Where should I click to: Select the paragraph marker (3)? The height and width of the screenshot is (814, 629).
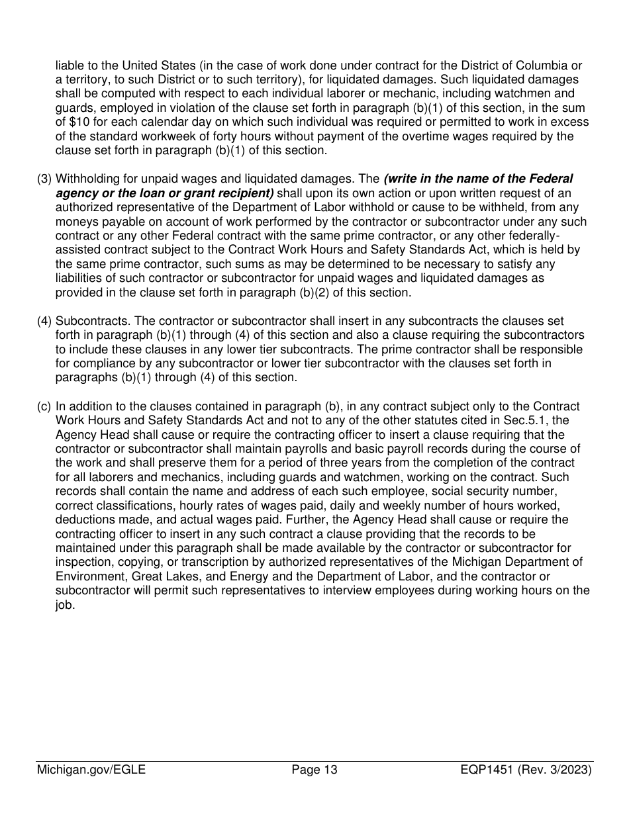pyautogui.click(x=44, y=179)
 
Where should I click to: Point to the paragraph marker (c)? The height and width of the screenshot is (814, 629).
pyautogui.click(x=44, y=406)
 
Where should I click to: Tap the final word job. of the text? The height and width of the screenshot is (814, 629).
pyautogui.click(x=65, y=605)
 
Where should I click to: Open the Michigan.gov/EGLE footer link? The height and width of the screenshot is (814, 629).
pyautogui.click(x=91, y=770)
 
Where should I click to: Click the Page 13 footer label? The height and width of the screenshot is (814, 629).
pyautogui.click(x=314, y=770)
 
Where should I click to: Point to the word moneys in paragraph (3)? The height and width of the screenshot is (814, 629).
pyautogui.click(x=74, y=221)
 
